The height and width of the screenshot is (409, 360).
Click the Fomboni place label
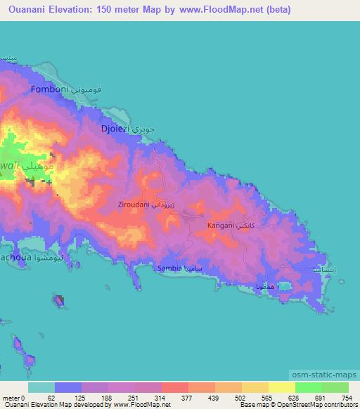(49, 91)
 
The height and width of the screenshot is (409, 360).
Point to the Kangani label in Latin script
(221, 226)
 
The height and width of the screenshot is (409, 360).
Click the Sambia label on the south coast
(169, 268)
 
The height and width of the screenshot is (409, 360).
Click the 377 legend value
(188, 398)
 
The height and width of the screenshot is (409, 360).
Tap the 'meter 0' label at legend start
(13, 398)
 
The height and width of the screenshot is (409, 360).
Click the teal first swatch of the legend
(41, 387)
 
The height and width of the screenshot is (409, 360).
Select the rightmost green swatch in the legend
(335, 387)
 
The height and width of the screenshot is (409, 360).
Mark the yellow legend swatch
(282, 387)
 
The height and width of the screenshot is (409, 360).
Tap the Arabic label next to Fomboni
(89, 91)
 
